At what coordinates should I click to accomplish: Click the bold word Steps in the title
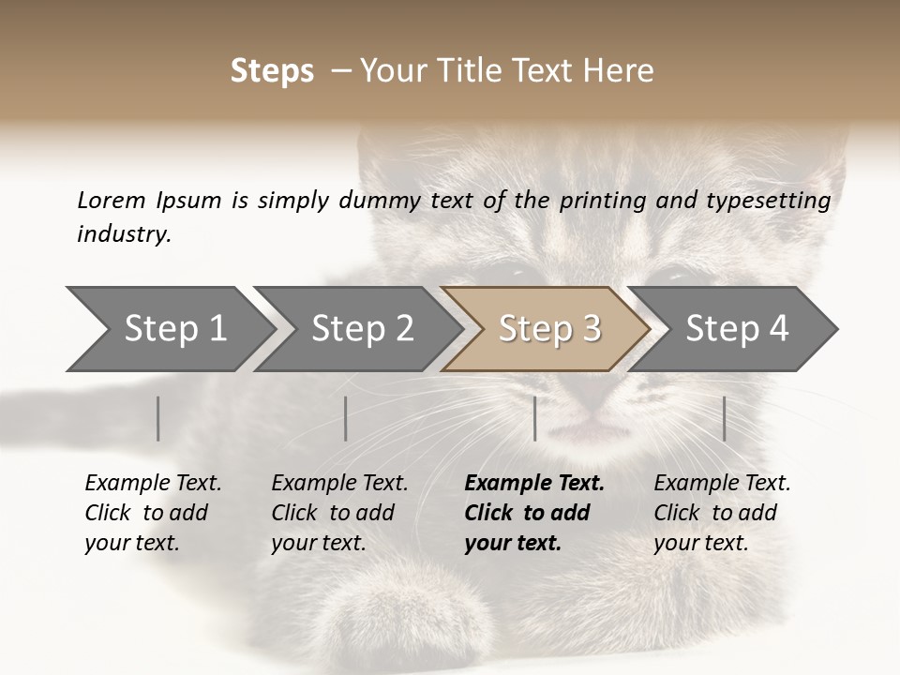point(272,71)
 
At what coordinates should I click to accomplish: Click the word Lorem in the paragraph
point(111,200)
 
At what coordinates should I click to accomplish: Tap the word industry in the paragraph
point(123,233)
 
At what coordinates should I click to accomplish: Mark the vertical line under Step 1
point(158,418)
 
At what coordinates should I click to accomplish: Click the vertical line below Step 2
point(346,418)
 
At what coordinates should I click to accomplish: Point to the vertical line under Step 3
point(535,418)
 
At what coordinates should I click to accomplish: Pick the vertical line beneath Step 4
point(725,418)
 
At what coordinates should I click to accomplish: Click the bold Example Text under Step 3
point(534,484)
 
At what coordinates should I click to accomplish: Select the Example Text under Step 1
point(153,484)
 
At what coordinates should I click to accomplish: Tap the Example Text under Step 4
point(722,484)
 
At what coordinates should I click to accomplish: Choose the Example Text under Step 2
point(339,484)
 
